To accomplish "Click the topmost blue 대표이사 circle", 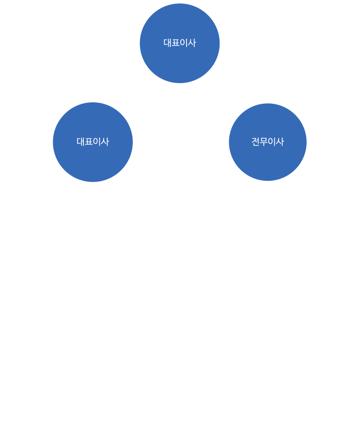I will [180, 43].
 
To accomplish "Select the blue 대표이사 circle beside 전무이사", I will [93, 142].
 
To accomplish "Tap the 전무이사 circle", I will [268, 142].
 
